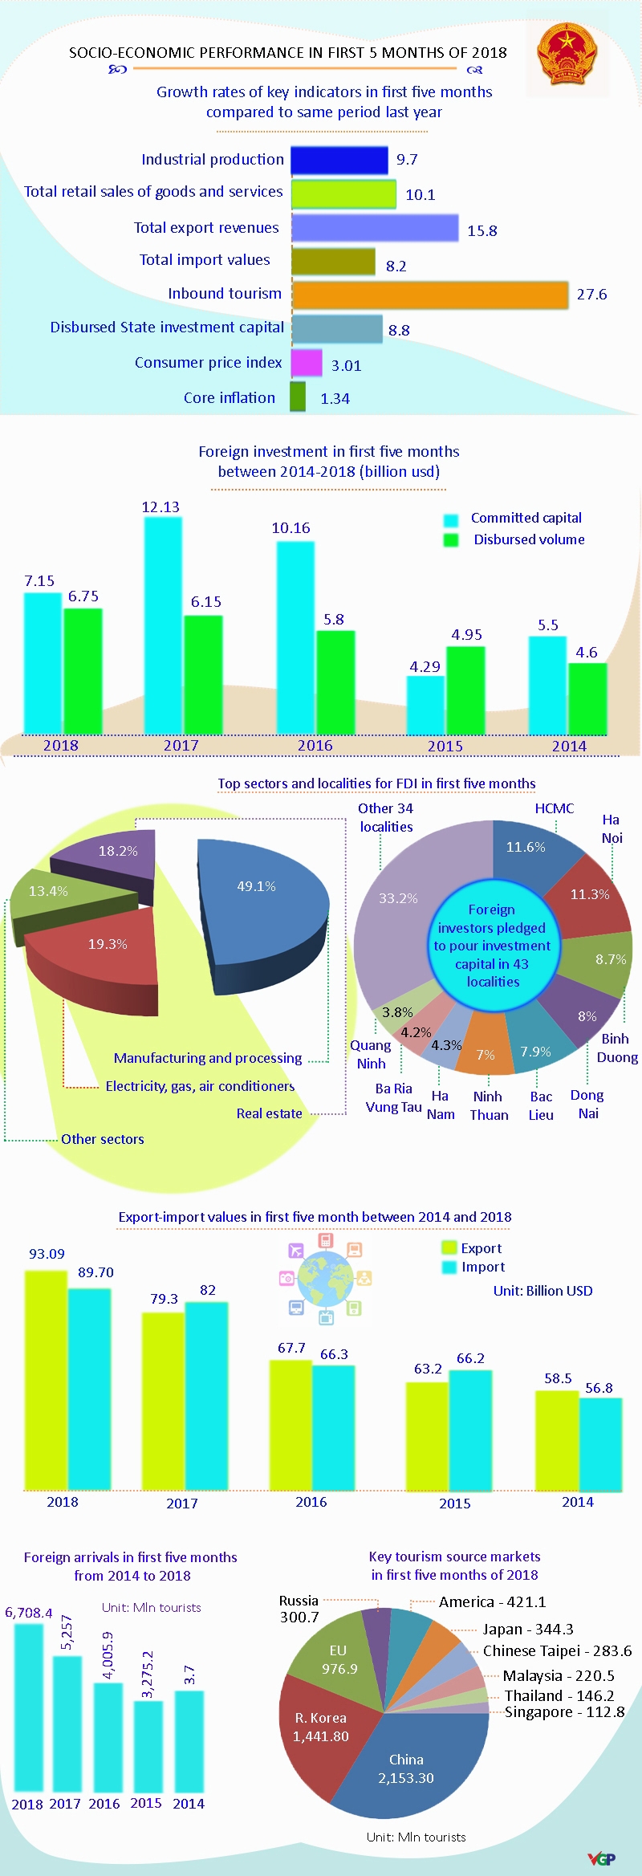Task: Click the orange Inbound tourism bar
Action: click(x=430, y=295)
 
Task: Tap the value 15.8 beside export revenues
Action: click(x=482, y=231)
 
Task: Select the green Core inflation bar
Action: click(x=298, y=397)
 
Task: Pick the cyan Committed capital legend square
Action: click(x=451, y=519)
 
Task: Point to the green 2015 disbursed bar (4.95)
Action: click(x=465, y=690)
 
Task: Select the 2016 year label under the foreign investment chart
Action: click(x=315, y=746)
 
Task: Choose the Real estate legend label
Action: click(x=270, y=1113)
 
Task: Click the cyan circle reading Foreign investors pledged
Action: click(x=493, y=946)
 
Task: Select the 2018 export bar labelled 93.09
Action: click(x=47, y=1381)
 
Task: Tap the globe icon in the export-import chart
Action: click(x=325, y=1279)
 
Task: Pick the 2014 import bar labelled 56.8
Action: click(x=600, y=1444)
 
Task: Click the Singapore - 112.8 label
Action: click(x=564, y=1711)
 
